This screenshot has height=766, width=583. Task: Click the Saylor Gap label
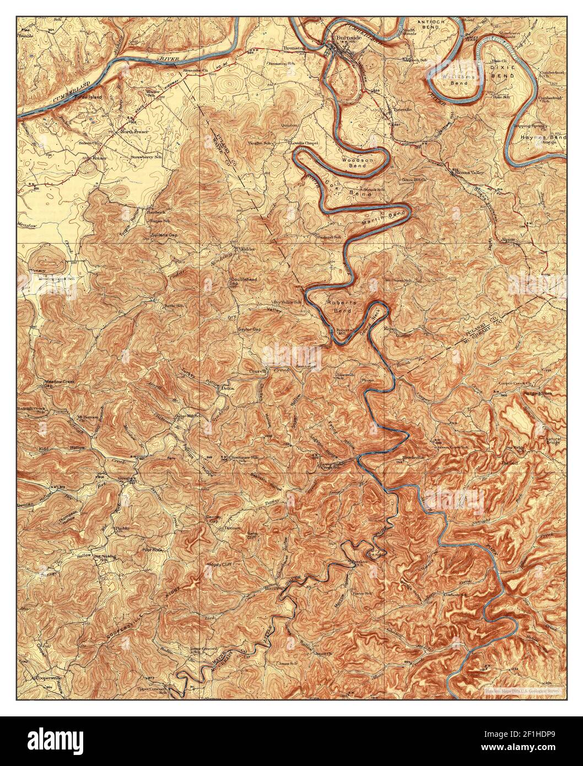click(249, 330)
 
